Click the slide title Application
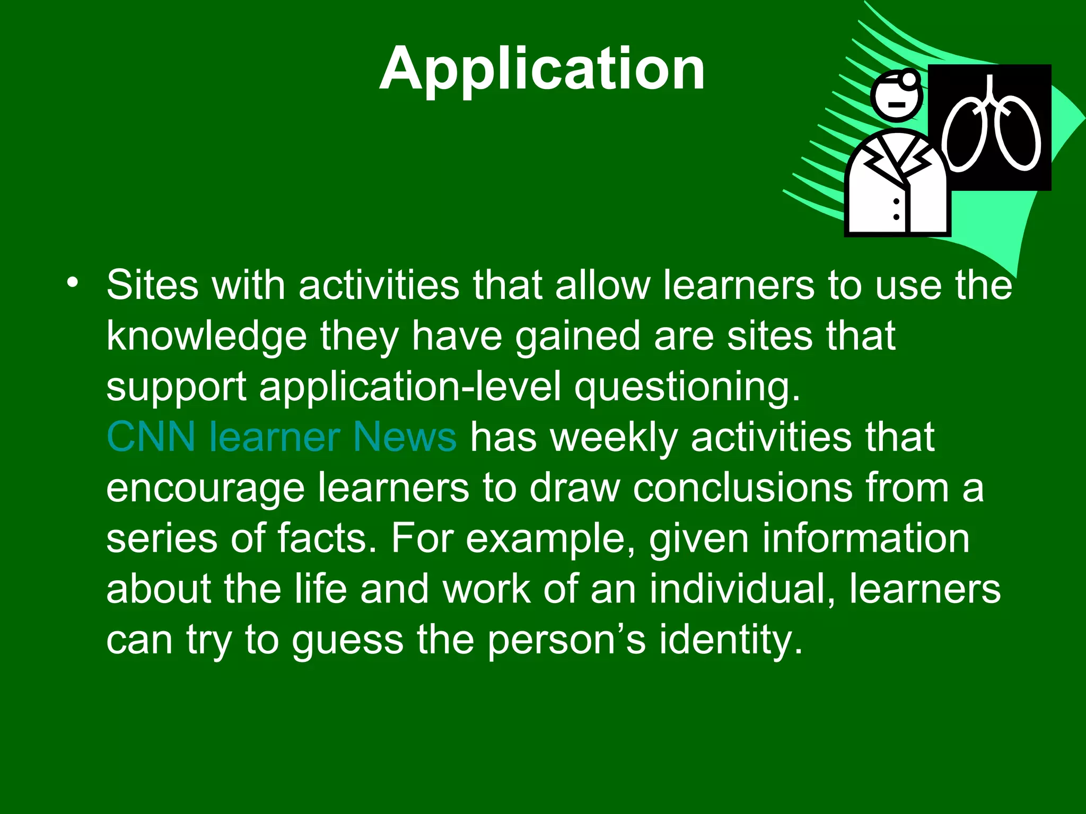click(542, 69)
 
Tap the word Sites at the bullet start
click(152, 285)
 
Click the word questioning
click(687, 387)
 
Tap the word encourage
click(205, 489)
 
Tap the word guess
click(347, 641)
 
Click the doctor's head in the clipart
click(896, 99)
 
